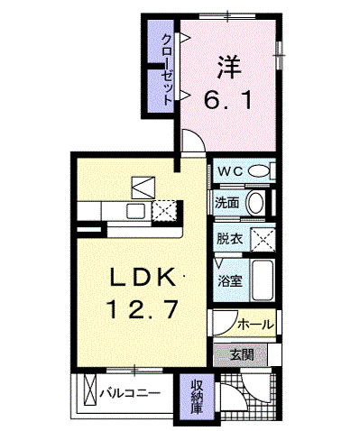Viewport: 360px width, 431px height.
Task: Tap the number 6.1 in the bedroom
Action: (228, 100)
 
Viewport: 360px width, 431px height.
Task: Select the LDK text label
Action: (143, 277)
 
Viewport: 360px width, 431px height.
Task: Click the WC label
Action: (230, 171)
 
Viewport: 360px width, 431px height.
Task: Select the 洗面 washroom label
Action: (227, 204)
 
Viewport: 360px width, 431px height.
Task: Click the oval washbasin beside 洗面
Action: (255, 204)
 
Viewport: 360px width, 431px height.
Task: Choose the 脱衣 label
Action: (230, 239)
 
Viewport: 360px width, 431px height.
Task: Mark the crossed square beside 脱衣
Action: (263, 239)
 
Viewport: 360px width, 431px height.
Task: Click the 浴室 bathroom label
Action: (230, 281)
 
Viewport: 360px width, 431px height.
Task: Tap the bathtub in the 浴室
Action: (263, 280)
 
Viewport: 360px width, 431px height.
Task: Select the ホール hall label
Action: (256, 325)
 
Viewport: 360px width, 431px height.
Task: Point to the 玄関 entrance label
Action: (242, 355)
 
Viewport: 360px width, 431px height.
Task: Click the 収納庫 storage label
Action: (197, 397)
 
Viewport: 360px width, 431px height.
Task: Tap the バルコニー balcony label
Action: (130, 393)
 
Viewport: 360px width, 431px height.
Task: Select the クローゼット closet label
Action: (168, 69)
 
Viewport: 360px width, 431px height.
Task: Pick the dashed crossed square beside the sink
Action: (164, 211)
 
